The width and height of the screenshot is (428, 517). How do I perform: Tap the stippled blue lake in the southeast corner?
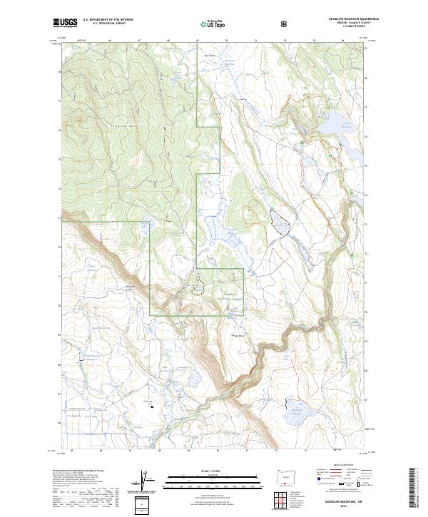(x=294, y=409)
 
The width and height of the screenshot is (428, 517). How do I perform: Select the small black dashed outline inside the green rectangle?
(x=198, y=289)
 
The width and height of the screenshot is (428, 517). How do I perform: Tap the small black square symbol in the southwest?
(x=152, y=406)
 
